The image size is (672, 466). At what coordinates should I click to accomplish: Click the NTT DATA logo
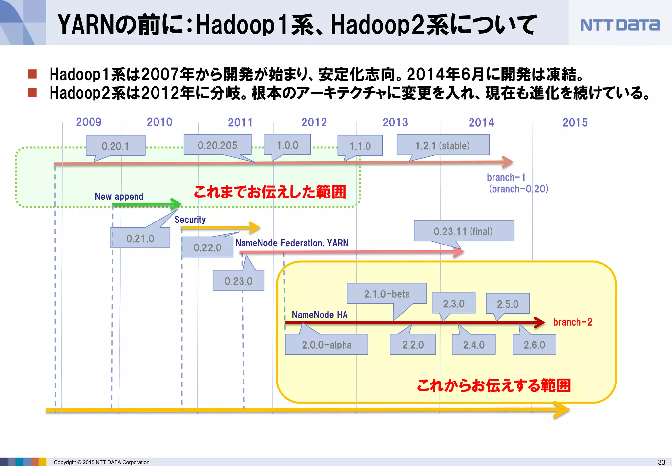620,25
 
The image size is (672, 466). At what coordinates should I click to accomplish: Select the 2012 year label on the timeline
314,122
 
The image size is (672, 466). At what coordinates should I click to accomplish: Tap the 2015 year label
575,123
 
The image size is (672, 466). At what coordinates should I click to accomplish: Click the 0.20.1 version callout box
115,146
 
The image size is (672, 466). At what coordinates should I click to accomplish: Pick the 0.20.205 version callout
218,145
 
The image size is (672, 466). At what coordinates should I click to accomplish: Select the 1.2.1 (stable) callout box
443,145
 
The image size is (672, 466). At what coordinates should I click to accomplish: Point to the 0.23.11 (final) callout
464,231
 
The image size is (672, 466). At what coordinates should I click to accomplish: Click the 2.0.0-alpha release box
326,344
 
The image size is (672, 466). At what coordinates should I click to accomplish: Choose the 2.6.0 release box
534,344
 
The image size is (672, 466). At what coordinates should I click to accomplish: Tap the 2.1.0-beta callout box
387,293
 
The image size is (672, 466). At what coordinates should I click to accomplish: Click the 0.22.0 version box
207,247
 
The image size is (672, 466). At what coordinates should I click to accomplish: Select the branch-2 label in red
573,322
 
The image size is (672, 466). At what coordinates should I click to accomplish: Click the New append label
119,197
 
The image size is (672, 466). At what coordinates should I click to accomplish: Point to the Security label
190,220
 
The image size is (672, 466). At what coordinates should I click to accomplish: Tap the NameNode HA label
320,315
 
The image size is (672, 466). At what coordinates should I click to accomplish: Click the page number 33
661,462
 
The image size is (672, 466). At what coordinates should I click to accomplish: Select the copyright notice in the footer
101,462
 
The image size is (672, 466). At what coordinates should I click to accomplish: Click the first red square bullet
32,74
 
